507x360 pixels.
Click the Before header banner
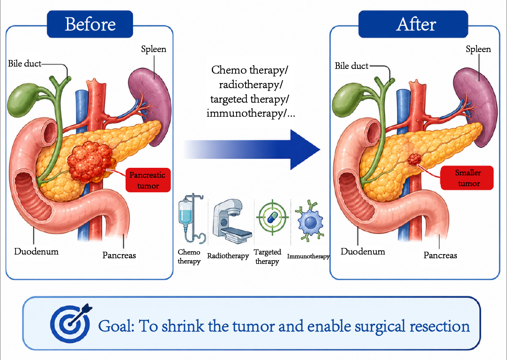point(90,24)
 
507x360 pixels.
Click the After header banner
point(413,24)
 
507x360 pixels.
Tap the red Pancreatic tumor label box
point(148,180)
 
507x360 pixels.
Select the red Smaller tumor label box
point(467,178)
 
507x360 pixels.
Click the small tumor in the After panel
point(415,159)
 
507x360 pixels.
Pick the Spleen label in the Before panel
point(154,49)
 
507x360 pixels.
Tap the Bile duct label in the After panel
point(351,66)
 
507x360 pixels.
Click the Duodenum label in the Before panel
point(36,252)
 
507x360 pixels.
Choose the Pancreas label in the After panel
point(440,255)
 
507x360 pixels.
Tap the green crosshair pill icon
point(272,217)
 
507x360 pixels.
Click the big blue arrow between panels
point(252,150)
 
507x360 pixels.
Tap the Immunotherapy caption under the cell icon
point(308,256)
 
